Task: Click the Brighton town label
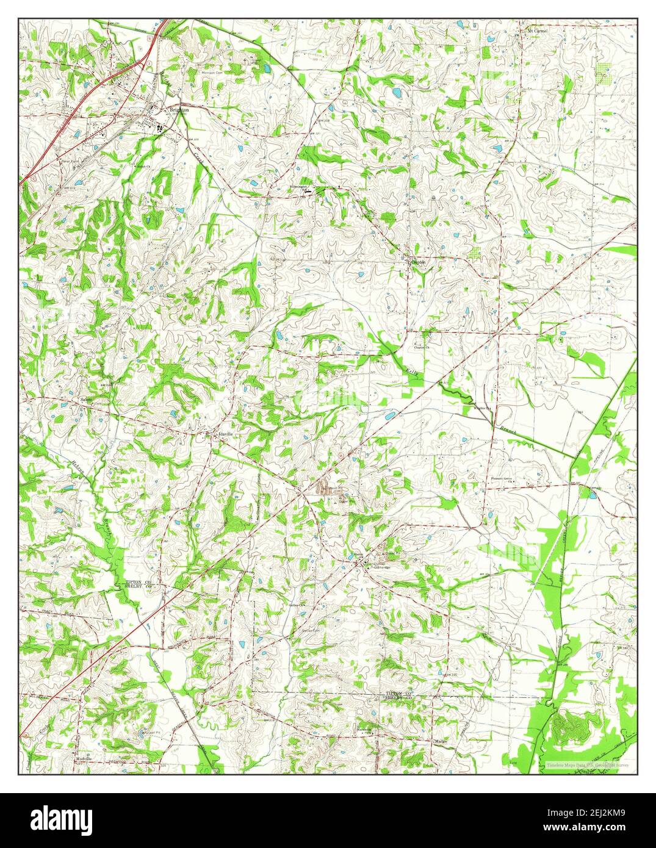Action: point(179,110)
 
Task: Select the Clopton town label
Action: point(418,261)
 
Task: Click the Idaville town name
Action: point(223,434)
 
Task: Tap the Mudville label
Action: point(84,758)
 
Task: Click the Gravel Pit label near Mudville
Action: point(148,733)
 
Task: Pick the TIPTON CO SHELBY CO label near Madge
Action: point(399,697)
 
